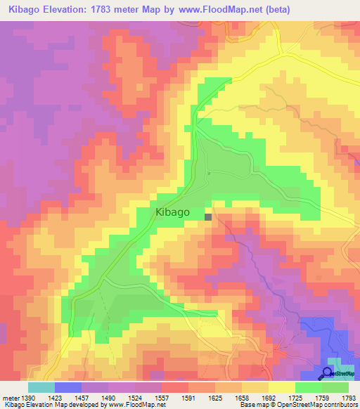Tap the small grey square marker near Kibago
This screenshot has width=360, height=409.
pos(208,217)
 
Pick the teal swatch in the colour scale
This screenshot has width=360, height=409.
pos(41,387)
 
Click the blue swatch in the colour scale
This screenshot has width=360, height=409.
pos(68,387)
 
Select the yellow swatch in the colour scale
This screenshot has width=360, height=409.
pos(282,387)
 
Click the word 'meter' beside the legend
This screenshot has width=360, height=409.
pos(10,398)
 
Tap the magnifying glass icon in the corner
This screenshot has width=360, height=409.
pos(327,372)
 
